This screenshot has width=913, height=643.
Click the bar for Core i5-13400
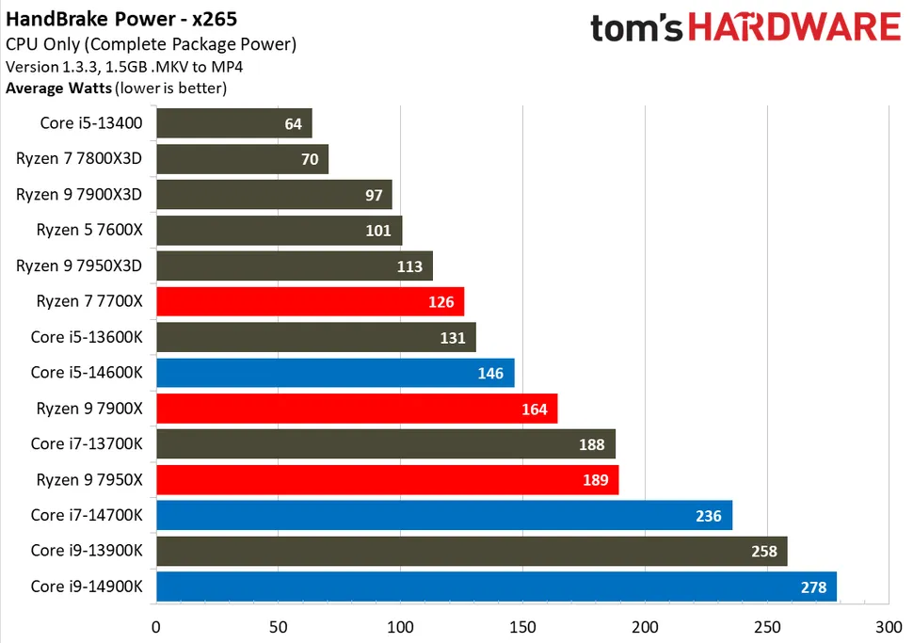pos(233,123)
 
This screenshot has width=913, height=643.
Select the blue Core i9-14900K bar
pos(496,587)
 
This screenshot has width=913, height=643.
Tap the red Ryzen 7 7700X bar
pos(310,301)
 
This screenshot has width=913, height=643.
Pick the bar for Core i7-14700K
pos(443,515)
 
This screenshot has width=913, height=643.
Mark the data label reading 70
pos(310,159)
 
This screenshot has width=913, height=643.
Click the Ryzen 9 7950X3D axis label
pos(79,265)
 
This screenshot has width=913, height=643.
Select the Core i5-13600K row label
pos(87,337)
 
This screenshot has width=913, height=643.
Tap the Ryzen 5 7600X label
pos(89,230)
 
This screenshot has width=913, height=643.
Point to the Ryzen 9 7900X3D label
pos(79,194)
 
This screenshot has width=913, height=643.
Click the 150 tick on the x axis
pos(522,625)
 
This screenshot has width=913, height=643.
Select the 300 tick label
pos(889,625)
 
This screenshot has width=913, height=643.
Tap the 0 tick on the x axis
pos(156,625)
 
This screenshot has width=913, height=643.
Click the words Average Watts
pos(58,88)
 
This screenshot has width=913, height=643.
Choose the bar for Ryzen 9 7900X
pos(357,409)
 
